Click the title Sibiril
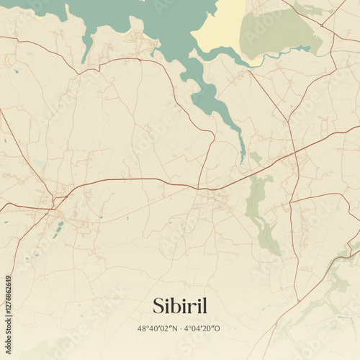[179, 306]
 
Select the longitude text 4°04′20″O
[203, 328]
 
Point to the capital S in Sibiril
[158, 306]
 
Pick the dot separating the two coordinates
[180, 328]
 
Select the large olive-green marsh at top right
[277, 32]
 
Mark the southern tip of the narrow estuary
[243, 158]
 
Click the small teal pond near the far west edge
[16, 71]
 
